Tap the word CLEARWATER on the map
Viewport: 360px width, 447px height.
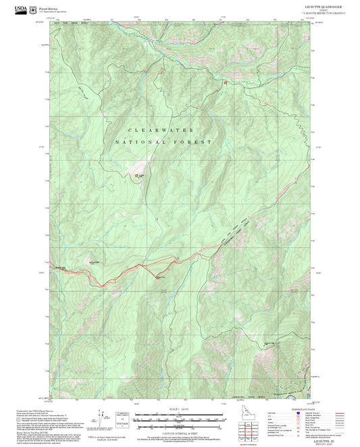tap(161, 129)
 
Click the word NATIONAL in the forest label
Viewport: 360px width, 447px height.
tap(141, 142)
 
